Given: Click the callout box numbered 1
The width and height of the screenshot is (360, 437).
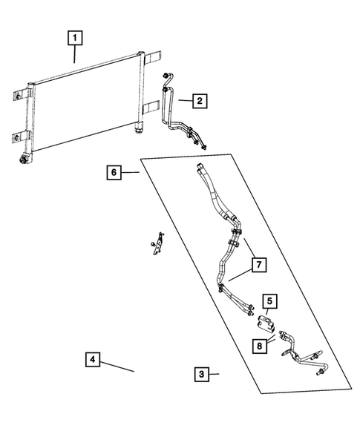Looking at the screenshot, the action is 75,38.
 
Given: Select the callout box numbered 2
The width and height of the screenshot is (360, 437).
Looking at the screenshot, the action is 200,101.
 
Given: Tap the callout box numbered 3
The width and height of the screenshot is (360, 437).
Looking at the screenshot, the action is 202,374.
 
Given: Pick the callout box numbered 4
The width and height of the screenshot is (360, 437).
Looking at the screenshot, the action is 93,359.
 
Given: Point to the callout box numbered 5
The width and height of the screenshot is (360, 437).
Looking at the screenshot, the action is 269,301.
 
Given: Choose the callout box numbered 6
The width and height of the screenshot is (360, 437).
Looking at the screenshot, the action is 114,172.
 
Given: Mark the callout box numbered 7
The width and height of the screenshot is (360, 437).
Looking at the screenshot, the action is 259,264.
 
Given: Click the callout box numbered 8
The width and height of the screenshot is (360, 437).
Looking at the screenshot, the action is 260,346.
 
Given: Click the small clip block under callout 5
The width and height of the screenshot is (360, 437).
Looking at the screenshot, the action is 265,323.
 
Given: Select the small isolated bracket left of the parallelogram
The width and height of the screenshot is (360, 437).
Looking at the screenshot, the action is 157,244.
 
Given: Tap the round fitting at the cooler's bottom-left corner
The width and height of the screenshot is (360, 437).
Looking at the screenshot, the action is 22,160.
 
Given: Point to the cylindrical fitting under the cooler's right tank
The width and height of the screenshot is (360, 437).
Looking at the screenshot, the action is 138,129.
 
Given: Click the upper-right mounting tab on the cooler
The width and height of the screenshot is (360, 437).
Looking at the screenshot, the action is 152,57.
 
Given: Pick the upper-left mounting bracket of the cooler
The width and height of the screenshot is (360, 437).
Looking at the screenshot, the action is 22,94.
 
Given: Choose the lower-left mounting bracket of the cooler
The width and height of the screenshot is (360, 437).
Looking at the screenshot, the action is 20,137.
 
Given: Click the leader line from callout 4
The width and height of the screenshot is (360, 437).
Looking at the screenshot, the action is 117,367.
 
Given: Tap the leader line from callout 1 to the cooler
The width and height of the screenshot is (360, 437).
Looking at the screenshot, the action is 74,54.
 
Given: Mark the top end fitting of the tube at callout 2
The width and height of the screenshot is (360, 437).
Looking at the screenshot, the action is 166,75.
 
